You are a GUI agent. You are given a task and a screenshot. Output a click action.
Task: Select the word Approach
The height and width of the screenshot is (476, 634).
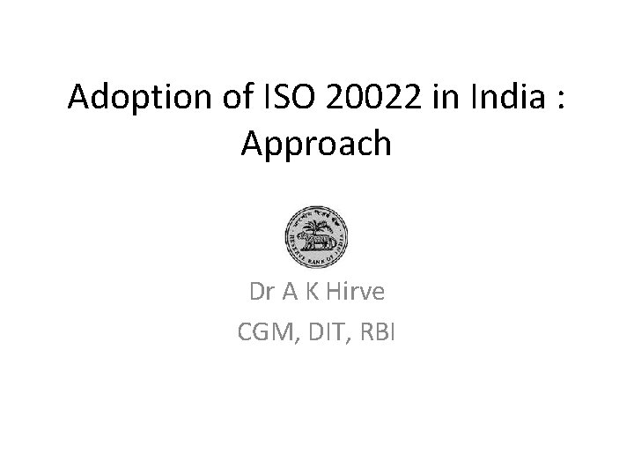[x=316, y=142]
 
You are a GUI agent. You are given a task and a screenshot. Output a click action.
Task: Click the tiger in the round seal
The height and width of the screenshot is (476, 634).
[x=310, y=241]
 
